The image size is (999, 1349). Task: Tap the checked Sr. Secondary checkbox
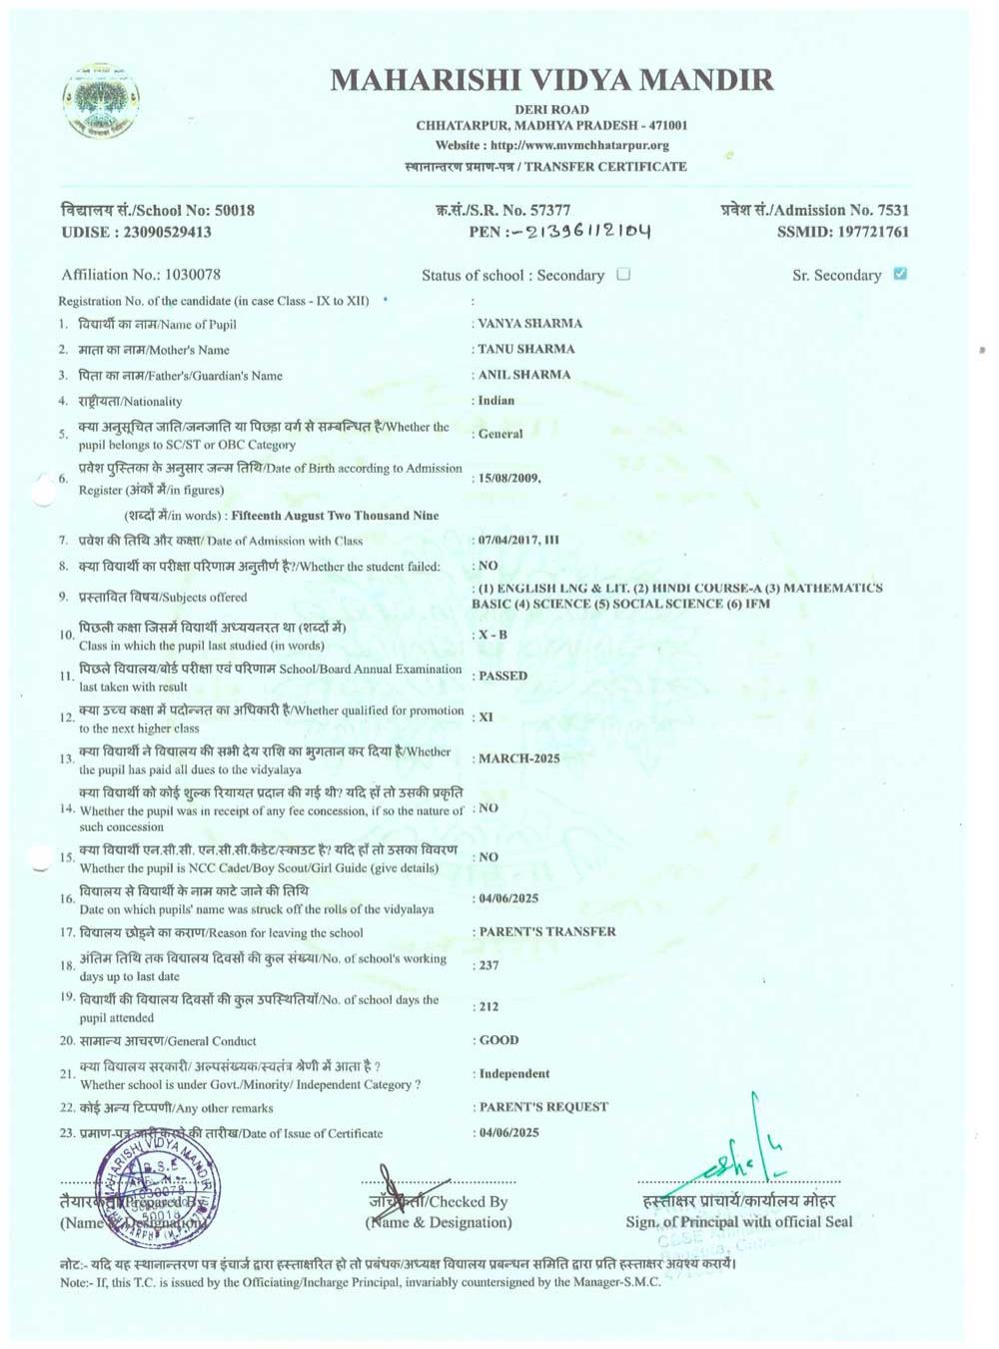tap(900, 274)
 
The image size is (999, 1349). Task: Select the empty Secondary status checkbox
tap(623, 274)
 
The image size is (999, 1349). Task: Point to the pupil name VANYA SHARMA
tap(530, 323)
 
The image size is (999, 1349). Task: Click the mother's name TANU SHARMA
tap(526, 349)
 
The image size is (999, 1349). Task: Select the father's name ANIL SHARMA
tap(524, 375)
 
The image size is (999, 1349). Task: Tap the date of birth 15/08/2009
tap(509, 478)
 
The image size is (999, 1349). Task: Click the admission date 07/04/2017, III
tap(518, 540)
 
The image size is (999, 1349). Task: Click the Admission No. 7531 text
tap(814, 210)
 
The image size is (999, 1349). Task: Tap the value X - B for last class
tap(493, 635)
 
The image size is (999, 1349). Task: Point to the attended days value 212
tap(489, 1006)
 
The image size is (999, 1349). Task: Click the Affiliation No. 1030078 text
tap(141, 274)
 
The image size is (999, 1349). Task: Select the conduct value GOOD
tap(499, 1040)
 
